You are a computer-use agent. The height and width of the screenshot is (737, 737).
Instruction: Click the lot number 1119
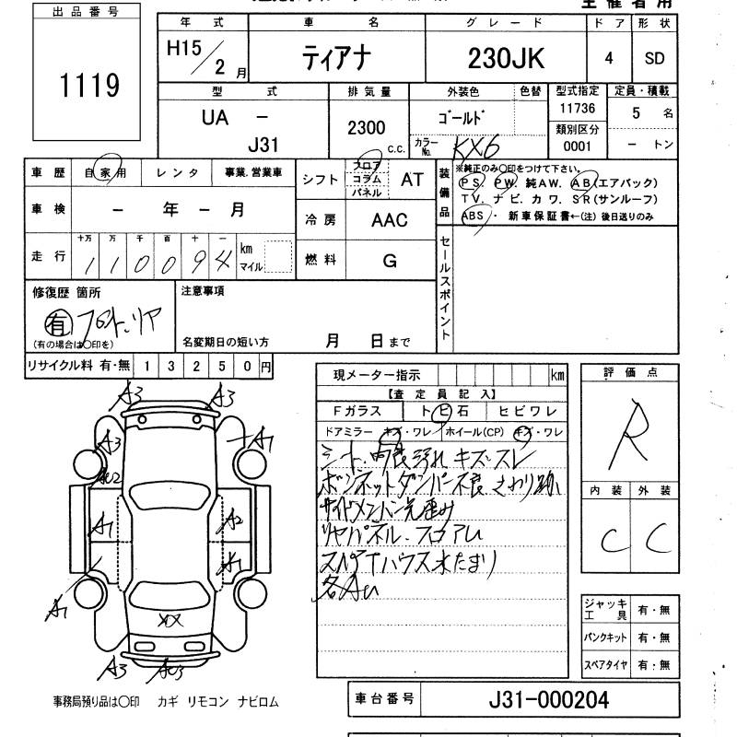(x=89, y=87)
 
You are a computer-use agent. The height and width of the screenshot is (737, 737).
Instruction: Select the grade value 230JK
(x=507, y=59)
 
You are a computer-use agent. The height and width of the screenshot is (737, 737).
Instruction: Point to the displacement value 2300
(x=366, y=128)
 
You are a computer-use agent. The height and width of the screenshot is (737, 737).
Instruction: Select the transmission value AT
(x=412, y=181)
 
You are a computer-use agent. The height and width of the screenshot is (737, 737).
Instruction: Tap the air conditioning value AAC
(x=389, y=221)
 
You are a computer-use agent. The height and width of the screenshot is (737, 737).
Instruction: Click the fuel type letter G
(x=390, y=262)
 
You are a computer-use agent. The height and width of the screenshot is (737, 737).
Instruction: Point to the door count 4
(x=609, y=58)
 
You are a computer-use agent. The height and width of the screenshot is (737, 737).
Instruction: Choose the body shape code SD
(x=654, y=58)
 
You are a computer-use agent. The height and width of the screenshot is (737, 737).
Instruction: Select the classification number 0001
(x=578, y=146)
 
